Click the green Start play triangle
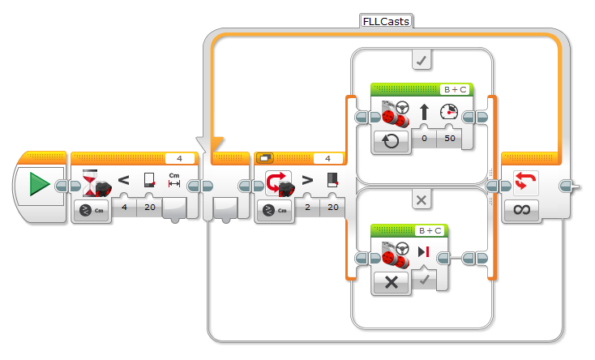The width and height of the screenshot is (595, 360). point(40,184)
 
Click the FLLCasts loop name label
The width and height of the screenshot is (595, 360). point(386,21)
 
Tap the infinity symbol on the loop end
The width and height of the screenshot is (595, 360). point(522,209)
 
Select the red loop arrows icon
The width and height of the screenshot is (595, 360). point(525,181)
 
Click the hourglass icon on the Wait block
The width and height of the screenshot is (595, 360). point(90,183)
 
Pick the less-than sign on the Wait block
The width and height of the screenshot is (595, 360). point(124,180)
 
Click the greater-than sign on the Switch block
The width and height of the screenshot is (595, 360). point(307,180)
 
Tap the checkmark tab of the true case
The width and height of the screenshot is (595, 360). point(422,60)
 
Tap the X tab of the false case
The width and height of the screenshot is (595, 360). point(422,200)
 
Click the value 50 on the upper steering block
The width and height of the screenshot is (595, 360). point(450,138)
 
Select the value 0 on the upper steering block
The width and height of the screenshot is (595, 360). point(424,138)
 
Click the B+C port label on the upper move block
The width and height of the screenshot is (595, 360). point(456,90)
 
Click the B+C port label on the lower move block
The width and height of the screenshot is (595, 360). point(430,230)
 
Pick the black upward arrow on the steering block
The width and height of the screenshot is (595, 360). point(424,112)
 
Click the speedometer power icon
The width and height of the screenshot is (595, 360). point(449,112)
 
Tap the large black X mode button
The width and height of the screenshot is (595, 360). point(392,282)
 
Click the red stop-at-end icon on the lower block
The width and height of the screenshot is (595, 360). point(423,252)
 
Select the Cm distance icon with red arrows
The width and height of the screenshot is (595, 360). point(174,180)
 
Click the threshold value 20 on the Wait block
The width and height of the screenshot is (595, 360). point(149,207)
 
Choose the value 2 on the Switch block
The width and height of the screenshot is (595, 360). point(307,207)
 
